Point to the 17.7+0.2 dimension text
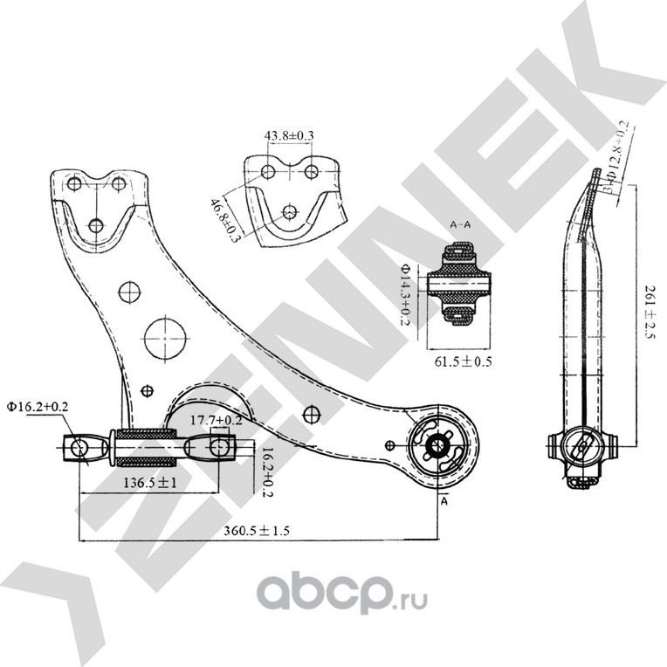coord(216,420)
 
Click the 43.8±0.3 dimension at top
coord(289,136)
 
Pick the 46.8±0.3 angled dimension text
coord(223,219)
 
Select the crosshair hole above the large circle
coord(129,289)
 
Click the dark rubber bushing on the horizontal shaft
coord(144,445)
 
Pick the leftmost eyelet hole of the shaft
coord(79,448)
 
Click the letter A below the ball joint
coord(444,503)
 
